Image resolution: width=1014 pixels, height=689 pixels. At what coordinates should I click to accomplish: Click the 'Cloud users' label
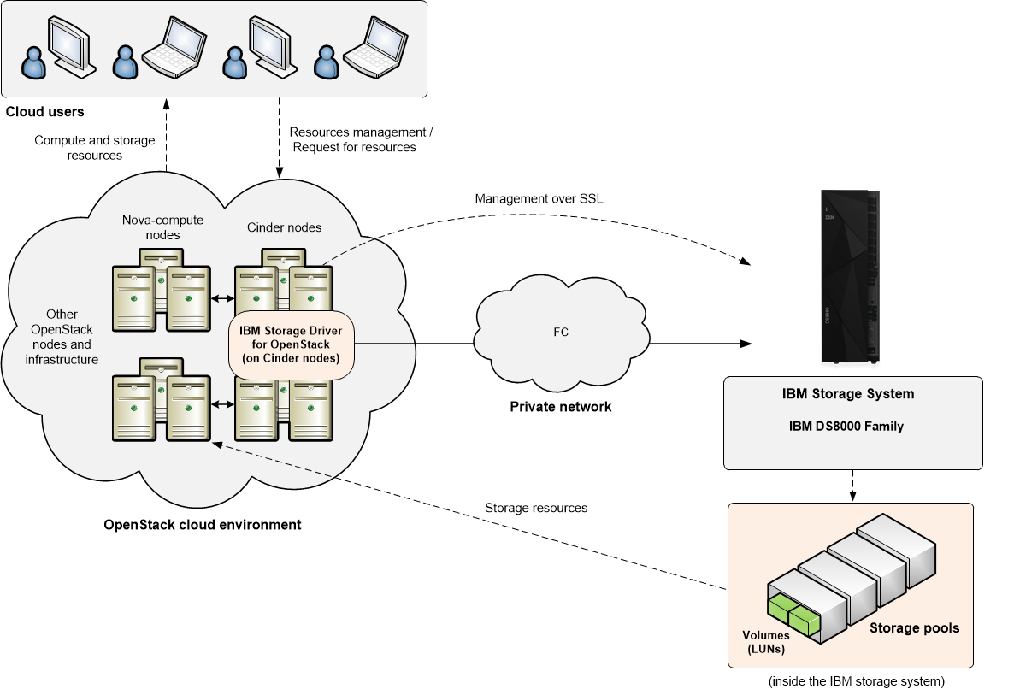click(44, 112)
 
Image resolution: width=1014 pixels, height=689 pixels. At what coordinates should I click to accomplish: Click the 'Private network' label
click(560, 407)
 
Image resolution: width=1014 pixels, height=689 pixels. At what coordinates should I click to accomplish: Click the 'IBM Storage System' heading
click(852, 394)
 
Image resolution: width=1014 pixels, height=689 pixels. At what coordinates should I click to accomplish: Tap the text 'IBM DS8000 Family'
click(852, 427)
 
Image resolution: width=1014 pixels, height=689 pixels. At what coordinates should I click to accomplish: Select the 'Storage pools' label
click(914, 628)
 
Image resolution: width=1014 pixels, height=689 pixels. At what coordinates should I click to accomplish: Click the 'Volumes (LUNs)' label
click(766, 642)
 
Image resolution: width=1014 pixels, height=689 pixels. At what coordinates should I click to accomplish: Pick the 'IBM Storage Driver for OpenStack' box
click(291, 342)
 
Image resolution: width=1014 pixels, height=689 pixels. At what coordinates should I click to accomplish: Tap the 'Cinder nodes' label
click(284, 227)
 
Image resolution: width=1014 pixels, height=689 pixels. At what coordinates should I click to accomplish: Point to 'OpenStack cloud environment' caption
click(202, 525)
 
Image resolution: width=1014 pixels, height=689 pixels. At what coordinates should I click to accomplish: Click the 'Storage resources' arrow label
click(536, 508)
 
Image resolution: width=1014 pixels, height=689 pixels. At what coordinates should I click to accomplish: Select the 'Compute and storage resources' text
click(94, 148)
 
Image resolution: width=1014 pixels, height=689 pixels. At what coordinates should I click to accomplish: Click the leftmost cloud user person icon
click(34, 63)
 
